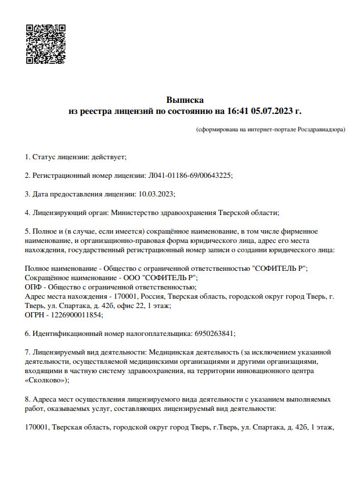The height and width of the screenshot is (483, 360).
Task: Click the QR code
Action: tap(45, 44)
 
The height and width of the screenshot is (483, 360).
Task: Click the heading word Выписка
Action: tap(185, 99)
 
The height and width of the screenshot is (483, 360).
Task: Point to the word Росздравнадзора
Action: tap(321, 130)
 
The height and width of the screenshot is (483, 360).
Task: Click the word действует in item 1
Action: tap(108, 157)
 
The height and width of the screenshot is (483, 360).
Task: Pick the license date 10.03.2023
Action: tap(157, 194)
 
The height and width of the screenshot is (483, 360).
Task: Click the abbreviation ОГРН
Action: tap(35, 314)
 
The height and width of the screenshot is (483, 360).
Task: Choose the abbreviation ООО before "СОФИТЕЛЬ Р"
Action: tap(134, 277)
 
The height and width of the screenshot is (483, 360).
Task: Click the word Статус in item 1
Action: tap(44, 157)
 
